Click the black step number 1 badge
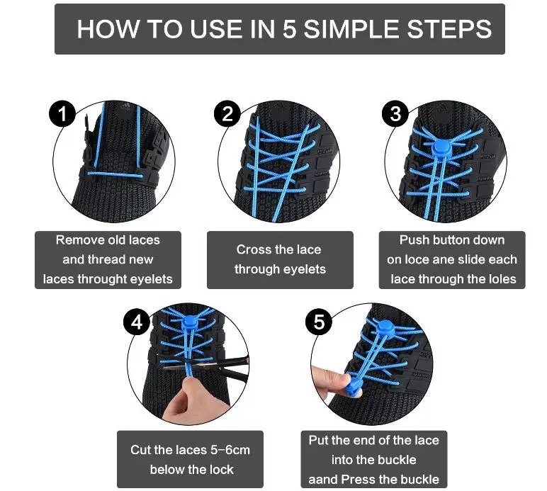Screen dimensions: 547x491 62,113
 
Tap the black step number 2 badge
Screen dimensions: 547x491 227,113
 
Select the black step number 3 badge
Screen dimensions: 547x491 395,113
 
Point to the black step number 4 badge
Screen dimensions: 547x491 137,322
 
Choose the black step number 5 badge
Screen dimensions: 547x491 319,322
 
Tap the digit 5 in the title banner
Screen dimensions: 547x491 289,29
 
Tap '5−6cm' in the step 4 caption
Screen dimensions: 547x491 230,450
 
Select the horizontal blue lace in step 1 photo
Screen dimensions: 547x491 116,175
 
